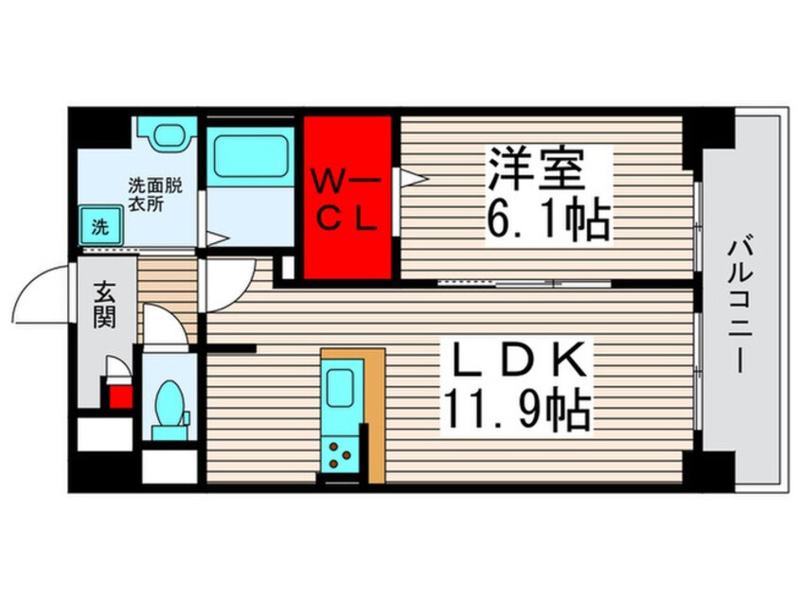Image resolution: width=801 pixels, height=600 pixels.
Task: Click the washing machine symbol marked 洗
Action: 99,227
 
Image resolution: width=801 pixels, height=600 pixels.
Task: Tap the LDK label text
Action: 517,363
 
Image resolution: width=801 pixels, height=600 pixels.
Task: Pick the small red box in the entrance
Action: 120,396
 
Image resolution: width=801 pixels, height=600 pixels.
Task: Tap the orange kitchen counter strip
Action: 375,416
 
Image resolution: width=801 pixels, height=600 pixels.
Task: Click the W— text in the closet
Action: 347,178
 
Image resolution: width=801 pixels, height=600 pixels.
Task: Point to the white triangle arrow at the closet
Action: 415,176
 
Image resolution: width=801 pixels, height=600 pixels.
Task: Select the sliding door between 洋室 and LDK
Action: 502,282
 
